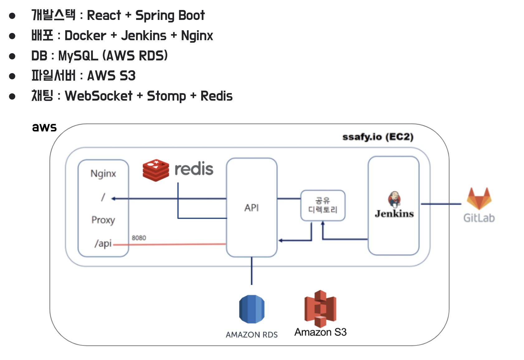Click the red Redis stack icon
[x=156, y=170]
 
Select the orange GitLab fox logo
[x=479, y=198]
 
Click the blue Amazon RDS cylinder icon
[x=252, y=309]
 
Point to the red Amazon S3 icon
[x=320, y=309]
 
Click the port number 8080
[x=139, y=238]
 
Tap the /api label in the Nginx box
[x=103, y=243]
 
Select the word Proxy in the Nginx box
[x=103, y=220]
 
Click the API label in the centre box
[x=251, y=208]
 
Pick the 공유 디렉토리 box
[x=323, y=206]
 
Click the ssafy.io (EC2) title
[x=378, y=137]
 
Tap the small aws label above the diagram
[x=44, y=127]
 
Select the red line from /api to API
[x=170, y=244]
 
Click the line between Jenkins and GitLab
[x=441, y=204]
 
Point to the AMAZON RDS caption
[x=251, y=335]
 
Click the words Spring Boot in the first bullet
[x=170, y=16]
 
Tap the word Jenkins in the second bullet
[x=144, y=36]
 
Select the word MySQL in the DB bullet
[x=78, y=56]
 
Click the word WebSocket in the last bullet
[x=98, y=96]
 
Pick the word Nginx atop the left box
[x=103, y=173]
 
